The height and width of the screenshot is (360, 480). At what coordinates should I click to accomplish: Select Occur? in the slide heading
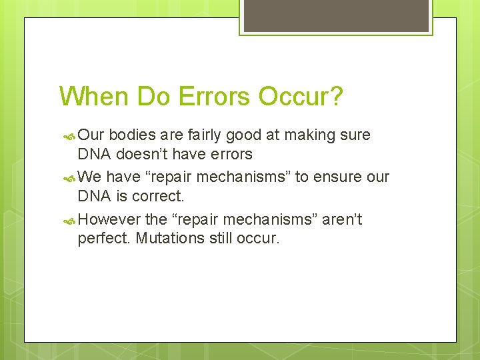[301, 97]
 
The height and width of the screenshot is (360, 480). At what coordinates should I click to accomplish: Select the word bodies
[132, 135]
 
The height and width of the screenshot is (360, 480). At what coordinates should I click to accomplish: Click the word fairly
[203, 135]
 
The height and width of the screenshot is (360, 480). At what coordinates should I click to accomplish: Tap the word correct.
[158, 196]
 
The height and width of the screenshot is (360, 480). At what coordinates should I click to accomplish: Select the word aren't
[342, 219]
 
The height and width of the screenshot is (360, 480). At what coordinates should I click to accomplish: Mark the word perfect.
[105, 238]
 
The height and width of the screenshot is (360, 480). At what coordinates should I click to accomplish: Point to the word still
[220, 238]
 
